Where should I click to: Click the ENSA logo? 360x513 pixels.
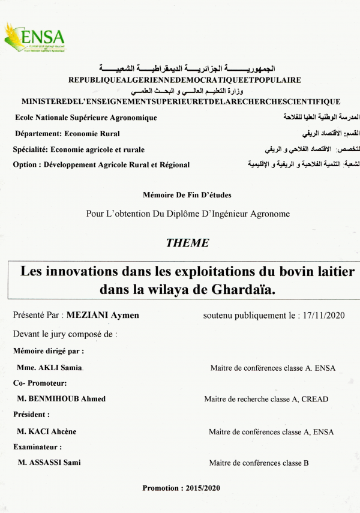click(30, 38)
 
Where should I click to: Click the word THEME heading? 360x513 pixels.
click(187, 243)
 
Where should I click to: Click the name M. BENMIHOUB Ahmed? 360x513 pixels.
click(61, 399)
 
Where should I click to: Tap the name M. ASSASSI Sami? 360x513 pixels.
click(49, 463)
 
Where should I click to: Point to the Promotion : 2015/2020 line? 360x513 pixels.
click(181, 488)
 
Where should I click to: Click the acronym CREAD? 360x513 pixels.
click(314, 399)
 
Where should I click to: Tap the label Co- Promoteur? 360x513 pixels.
click(40, 383)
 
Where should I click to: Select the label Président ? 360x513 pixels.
click(31, 415)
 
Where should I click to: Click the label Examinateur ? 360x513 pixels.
click(37, 447)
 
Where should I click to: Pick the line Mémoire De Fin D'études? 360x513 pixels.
click(187, 195)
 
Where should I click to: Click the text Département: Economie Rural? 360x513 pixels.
click(67, 134)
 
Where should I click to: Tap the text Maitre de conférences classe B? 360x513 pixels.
click(259, 463)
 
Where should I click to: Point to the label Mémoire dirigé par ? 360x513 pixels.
click(48, 351)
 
